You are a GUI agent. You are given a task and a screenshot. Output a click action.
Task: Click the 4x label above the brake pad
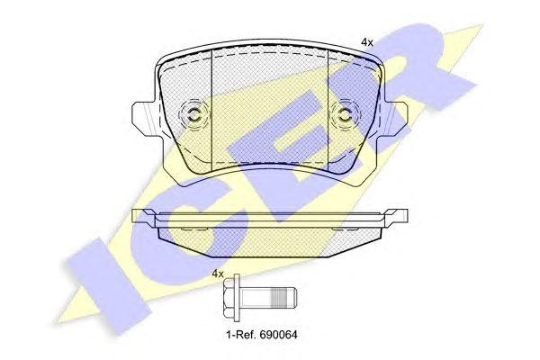click(367, 42)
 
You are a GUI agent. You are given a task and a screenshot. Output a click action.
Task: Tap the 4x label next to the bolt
click(217, 274)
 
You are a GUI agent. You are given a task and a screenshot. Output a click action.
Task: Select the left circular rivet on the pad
click(192, 114)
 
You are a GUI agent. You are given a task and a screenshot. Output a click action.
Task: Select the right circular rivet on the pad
click(344, 114)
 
